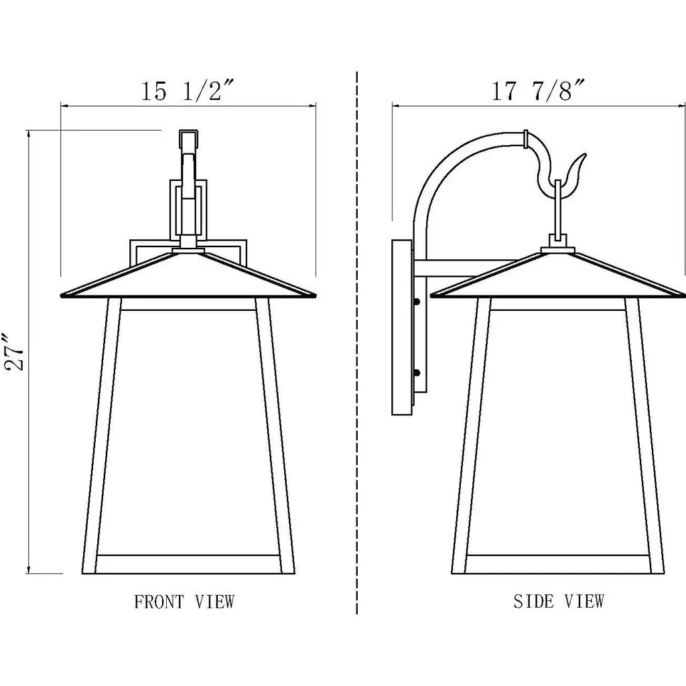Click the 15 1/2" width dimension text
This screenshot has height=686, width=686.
click(188, 90)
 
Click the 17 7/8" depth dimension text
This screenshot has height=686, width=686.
click(538, 90)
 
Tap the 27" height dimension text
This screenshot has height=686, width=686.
click(15, 352)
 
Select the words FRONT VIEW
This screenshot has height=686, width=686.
click(184, 602)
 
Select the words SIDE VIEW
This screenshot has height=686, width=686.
click(559, 601)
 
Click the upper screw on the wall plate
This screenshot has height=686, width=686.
click(417, 301)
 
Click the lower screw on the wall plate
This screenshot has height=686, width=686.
click(417, 372)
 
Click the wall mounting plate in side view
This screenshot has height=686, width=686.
click(402, 327)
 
